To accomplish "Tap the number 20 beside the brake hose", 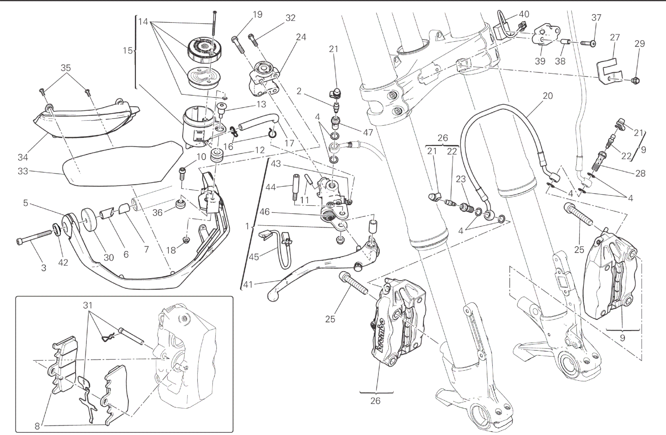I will tap(547, 96).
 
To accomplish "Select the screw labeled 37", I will tap(587, 43).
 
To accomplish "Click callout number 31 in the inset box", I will tap(88, 305).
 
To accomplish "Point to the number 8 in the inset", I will tap(37, 426).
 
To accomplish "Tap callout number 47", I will tap(368, 132).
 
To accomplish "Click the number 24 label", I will tap(301, 37).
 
